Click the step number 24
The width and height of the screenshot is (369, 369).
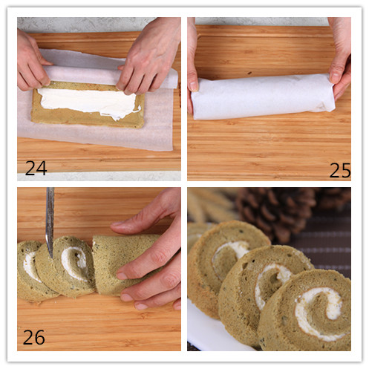(36, 168)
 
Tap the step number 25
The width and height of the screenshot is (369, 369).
(340, 170)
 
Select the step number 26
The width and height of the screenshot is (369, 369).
(34, 337)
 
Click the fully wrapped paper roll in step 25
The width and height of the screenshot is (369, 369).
(264, 97)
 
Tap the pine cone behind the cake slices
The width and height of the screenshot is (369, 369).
(276, 213)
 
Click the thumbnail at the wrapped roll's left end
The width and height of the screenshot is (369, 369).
(194, 85)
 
